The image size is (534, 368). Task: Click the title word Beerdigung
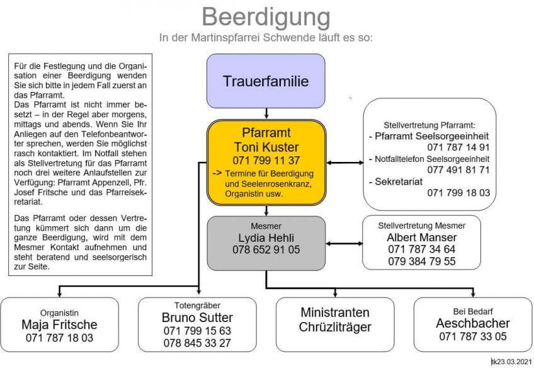266,16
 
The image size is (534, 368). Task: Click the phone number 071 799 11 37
266,160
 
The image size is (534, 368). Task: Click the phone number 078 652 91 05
266,250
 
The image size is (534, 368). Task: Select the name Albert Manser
421,237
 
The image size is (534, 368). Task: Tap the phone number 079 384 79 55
421,262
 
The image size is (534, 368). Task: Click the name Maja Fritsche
59,325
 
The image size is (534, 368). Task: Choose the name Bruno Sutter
197,317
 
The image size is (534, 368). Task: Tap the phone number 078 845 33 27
197,343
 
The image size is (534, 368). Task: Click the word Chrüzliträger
335,326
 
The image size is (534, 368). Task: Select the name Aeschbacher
473,323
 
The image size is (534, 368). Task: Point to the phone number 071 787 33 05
473,337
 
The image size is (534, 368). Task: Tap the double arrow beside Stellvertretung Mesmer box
344,243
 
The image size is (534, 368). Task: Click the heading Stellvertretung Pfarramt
429,125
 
